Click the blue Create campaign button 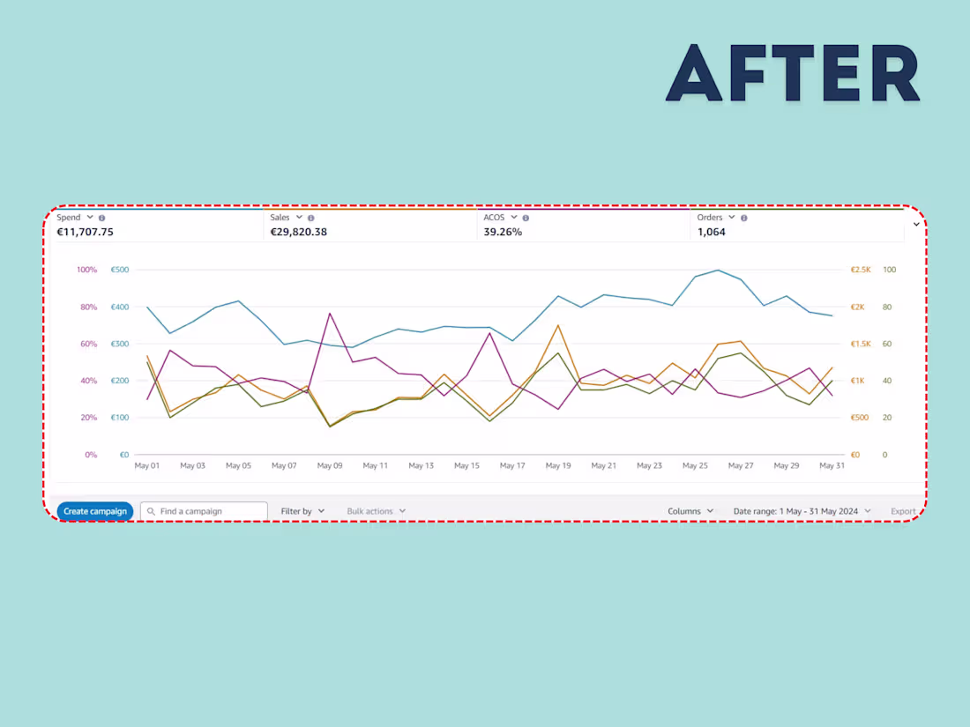click(x=95, y=511)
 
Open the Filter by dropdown click(x=302, y=511)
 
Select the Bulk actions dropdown click(x=376, y=511)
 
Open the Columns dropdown click(x=690, y=511)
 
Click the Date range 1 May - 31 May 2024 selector click(x=802, y=511)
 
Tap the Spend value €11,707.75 click(x=85, y=233)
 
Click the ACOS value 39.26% click(x=503, y=233)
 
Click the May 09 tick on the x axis click(x=330, y=465)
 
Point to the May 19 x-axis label click(x=558, y=465)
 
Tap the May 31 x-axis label click(x=832, y=465)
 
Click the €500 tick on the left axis click(x=120, y=270)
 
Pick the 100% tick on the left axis click(x=86, y=270)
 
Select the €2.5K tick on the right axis click(x=860, y=270)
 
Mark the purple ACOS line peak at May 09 click(x=330, y=313)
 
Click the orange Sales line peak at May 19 click(x=558, y=325)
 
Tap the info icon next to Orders click(x=743, y=218)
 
